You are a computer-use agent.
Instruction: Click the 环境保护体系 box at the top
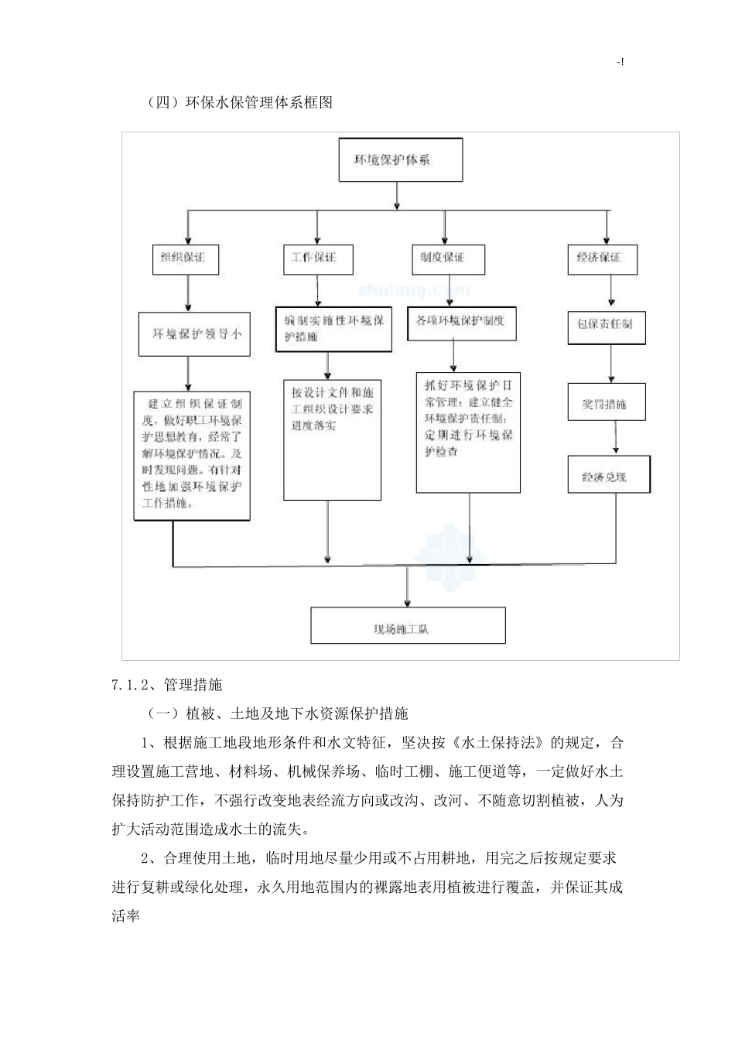click(x=400, y=160)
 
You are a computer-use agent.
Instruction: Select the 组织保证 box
click(x=186, y=258)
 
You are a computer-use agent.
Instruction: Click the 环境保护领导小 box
click(x=196, y=334)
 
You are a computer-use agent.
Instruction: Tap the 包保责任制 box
click(x=606, y=325)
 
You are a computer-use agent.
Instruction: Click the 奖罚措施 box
click(x=606, y=402)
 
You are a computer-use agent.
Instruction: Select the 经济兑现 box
click(x=609, y=475)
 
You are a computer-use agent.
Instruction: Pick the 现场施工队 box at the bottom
click(x=408, y=626)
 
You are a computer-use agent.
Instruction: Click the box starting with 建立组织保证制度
click(x=192, y=454)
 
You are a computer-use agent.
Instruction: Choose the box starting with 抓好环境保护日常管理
click(x=468, y=432)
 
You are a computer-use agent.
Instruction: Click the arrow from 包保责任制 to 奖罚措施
click(x=611, y=364)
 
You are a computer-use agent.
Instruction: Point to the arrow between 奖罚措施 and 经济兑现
click(x=616, y=438)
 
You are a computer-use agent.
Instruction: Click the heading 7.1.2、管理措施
click(x=167, y=684)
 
